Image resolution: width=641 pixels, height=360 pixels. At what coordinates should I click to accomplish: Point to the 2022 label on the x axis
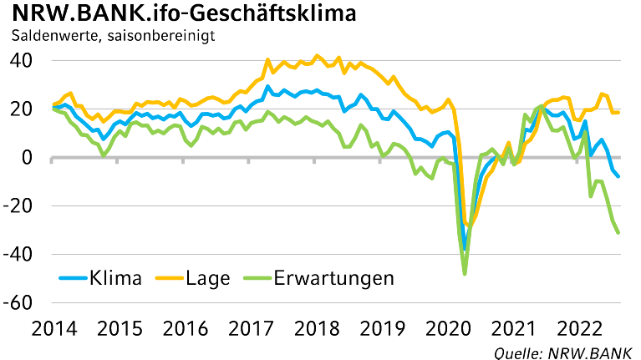pos(580,328)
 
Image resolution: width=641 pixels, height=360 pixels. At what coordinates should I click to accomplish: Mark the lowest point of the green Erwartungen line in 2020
pos(465,274)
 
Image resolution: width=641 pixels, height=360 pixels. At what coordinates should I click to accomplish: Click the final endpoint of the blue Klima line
pos(618,176)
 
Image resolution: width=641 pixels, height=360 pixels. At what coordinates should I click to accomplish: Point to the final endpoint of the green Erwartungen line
pos(618,233)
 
